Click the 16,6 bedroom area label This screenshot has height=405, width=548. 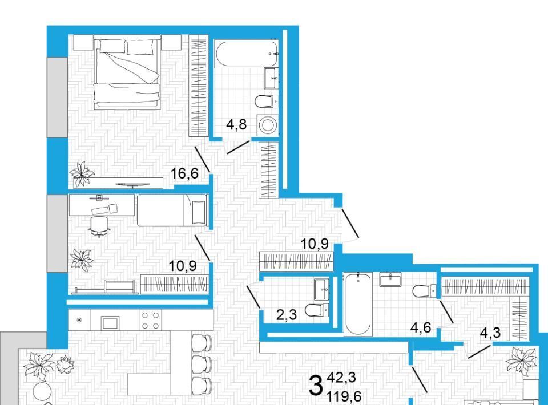coord(184,173)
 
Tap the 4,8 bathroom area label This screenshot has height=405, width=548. coord(236,124)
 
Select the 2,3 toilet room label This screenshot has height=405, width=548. coord(287,315)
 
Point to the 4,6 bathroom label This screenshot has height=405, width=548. coord(421,328)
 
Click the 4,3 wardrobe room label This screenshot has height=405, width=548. coord(490,333)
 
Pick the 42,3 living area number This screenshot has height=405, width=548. coord(341,378)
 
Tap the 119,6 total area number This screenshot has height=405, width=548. coord(344,396)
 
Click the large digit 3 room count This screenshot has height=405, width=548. coord(316,386)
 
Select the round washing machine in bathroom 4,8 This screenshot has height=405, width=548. coord(268,125)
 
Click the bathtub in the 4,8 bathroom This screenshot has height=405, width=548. coord(247,55)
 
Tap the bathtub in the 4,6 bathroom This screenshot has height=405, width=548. coord(358,303)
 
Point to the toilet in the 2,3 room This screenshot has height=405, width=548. coord(317,310)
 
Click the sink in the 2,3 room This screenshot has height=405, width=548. coord(321,289)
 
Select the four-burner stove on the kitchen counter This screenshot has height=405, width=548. coord(151,321)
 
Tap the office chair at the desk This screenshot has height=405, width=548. coord(99,226)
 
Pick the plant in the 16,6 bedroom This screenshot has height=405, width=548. coord(82,173)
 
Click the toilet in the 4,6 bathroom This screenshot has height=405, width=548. coord(424,291)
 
